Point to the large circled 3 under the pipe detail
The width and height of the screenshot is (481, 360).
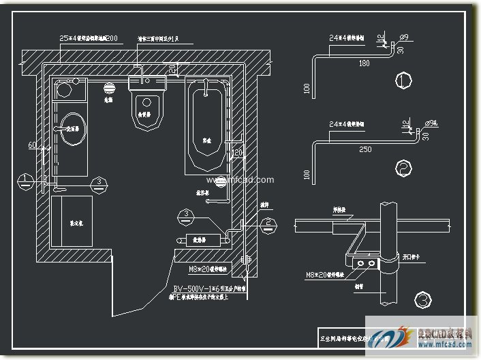tap(423, 299)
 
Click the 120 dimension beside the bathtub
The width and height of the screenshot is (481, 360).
tap(238, 151)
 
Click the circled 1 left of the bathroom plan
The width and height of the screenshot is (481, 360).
tap(25, 181)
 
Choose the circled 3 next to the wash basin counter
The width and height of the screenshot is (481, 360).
tap(99, 181)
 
